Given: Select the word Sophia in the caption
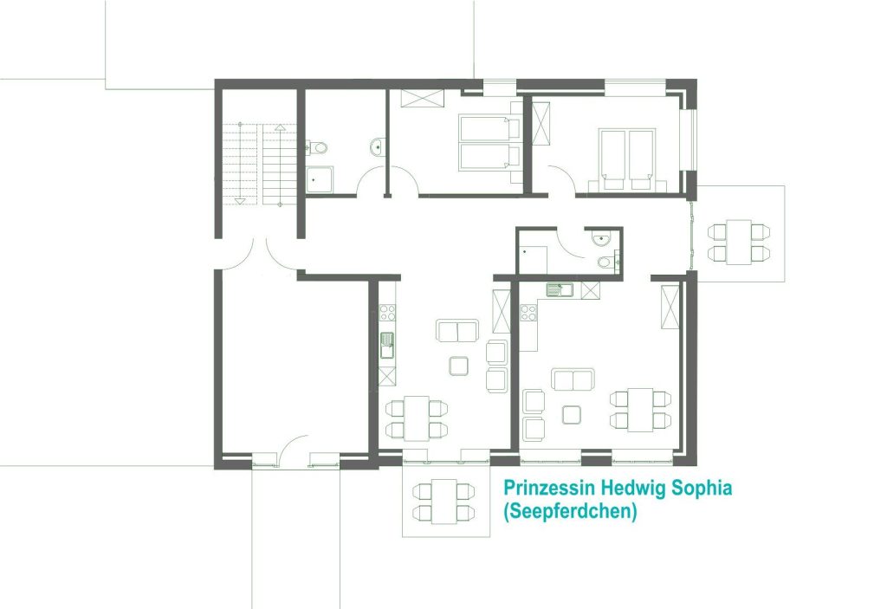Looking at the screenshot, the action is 702,489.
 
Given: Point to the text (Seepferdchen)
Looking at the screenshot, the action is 570,511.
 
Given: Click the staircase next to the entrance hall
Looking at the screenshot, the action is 260,164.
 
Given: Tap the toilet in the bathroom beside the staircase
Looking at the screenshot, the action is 317,148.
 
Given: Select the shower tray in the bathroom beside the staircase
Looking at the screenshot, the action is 320,180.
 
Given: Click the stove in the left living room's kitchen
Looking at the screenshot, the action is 387,313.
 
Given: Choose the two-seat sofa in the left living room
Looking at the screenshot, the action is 457,331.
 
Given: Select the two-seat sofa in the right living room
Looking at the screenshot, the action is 573,379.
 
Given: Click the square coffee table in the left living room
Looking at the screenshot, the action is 459,366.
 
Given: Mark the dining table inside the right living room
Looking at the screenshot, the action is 640,410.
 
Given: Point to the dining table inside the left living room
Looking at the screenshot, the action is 417,418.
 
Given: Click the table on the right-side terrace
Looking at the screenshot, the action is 739,243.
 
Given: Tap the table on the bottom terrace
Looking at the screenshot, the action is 444,502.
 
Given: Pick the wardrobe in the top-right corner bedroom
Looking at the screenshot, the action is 541,123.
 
